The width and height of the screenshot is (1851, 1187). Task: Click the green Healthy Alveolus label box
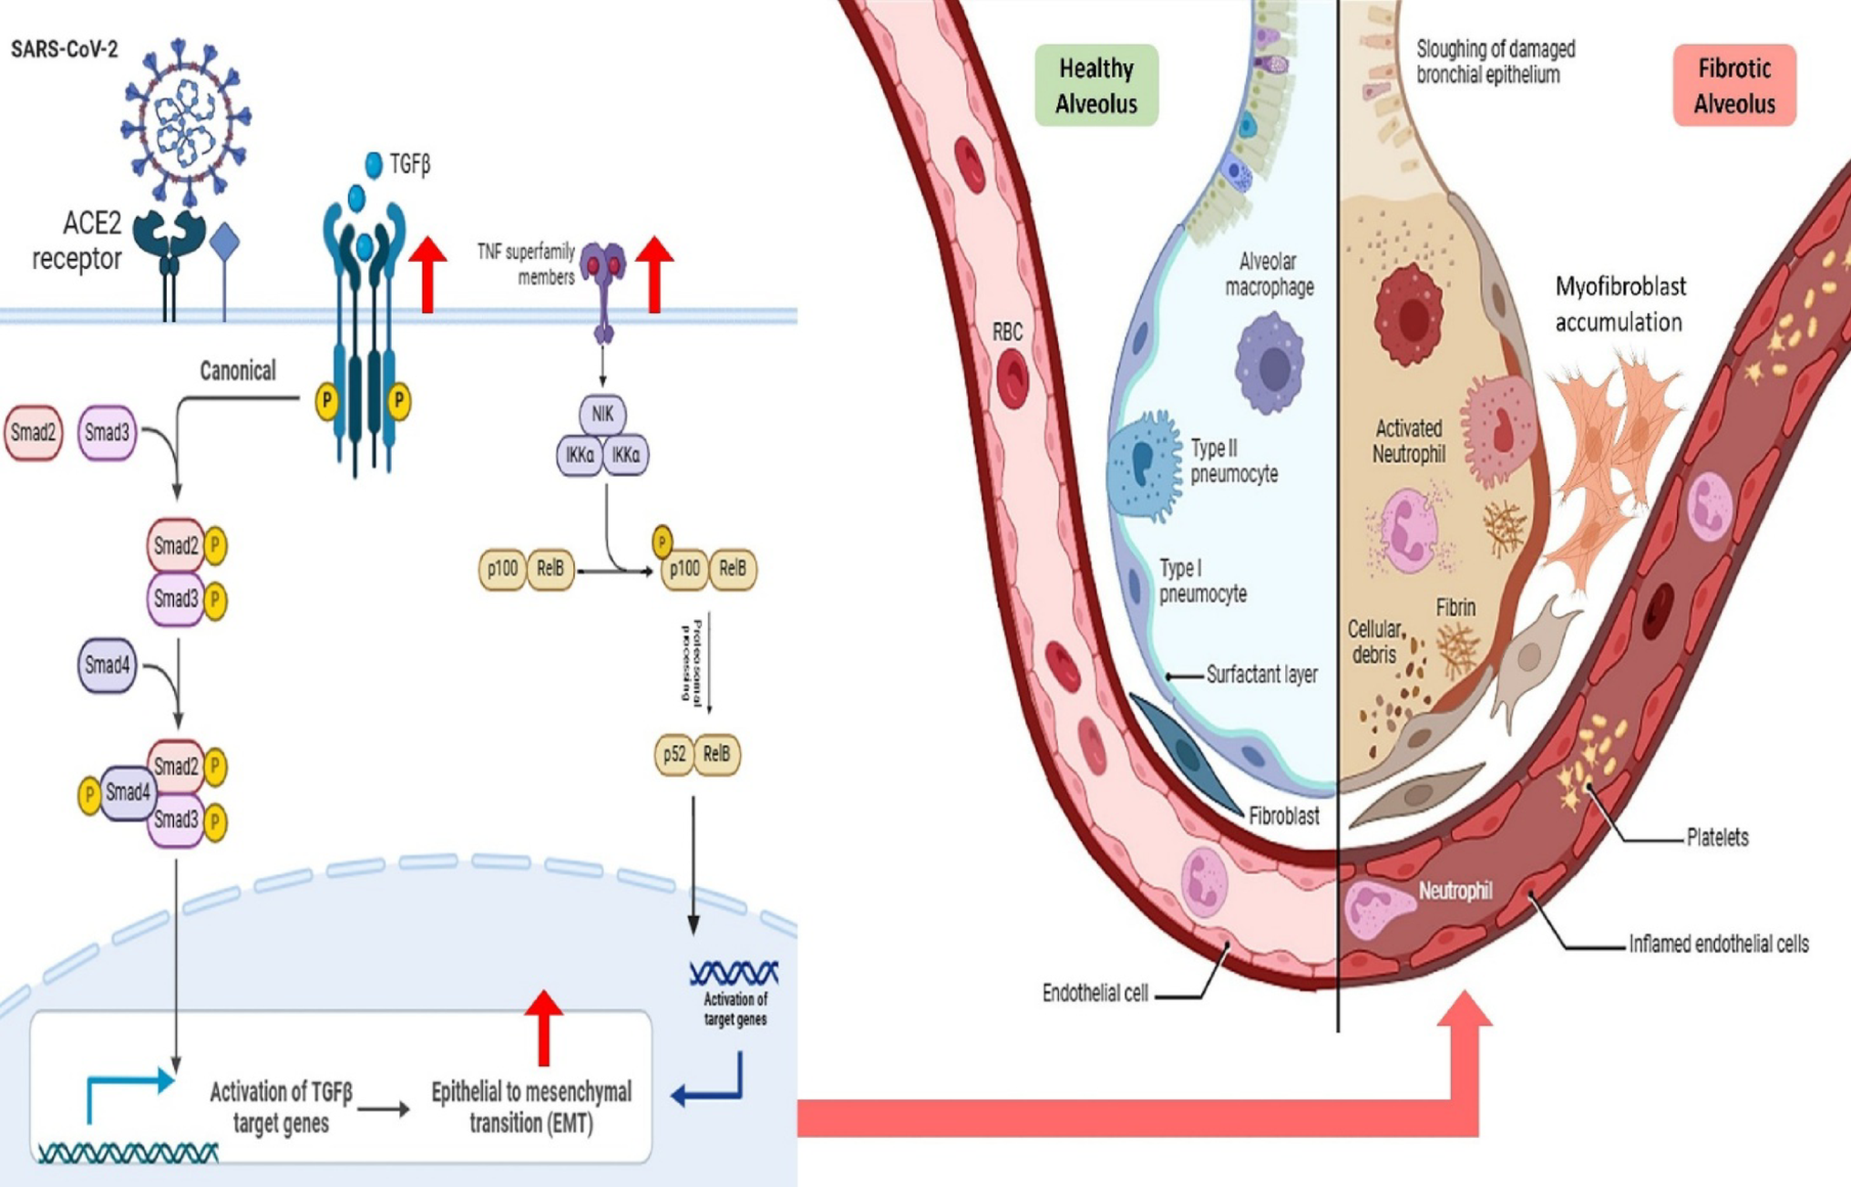[1095, 86]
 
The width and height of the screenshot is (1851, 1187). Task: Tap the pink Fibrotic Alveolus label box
[1733, 86]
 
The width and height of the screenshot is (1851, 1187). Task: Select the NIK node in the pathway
[602, 414]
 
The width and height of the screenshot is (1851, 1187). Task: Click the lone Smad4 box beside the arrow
[107, 666]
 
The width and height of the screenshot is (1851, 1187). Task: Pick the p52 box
[674, 755]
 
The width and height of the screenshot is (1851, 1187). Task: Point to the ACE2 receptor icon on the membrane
[170, 242]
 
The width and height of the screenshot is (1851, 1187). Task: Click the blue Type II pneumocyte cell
[1143, 465]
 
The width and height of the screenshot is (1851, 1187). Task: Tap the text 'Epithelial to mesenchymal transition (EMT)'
[531, 1107]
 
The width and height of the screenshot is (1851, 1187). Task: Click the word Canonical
[238, 371]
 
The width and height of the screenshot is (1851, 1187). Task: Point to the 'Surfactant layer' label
[1261, 675]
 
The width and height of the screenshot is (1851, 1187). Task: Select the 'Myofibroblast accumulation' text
[1620, 304]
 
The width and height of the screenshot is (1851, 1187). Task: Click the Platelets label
[1717, 837]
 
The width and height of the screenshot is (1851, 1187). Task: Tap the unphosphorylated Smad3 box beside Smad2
[107, 432]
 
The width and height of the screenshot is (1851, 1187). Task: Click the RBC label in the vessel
[1007, 332]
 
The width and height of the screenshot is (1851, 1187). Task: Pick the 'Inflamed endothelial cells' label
[1718, 944]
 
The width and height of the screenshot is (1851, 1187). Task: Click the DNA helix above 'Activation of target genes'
[734, 973]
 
